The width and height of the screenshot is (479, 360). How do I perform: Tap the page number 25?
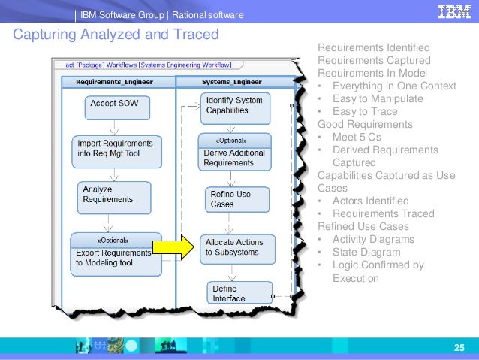(x=460, y=346)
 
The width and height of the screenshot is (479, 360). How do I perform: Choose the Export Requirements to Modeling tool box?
(x=113, y=248)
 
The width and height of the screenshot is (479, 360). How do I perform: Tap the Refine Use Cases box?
(x=230, y=198)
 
